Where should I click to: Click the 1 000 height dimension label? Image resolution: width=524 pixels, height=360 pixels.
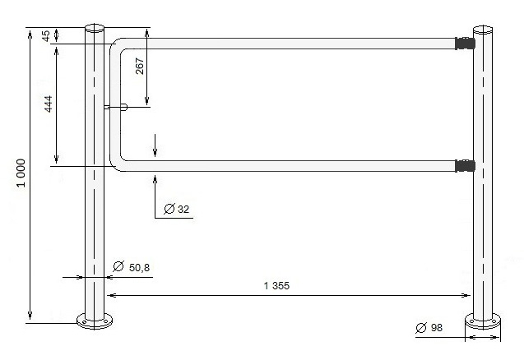21,173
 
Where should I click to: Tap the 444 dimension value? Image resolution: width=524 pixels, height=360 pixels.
49,104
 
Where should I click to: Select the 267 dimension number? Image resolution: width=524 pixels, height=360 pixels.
140,66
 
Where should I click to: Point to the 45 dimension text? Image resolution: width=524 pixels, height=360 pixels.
46,35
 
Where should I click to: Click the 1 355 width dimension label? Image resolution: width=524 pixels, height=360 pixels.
276,286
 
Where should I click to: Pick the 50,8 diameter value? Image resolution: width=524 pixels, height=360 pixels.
139,268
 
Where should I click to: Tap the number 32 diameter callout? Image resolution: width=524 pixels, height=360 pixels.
183,210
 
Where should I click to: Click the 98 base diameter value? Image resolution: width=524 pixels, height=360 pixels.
437,328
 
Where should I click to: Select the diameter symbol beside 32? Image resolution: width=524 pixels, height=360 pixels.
169,209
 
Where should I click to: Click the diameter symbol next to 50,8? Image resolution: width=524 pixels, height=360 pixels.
118,266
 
